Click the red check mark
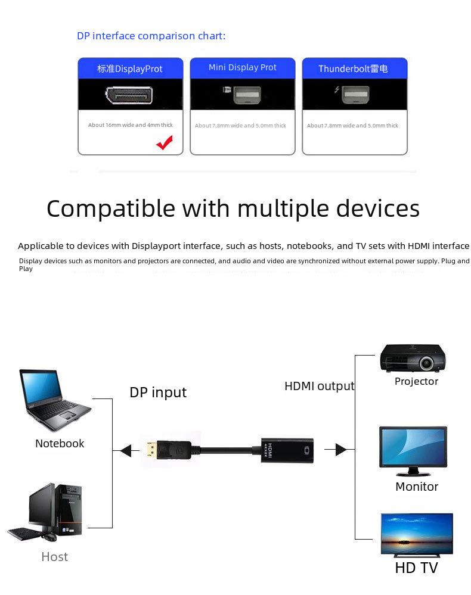[x=165, y=142]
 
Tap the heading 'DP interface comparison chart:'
[x=151, y=36]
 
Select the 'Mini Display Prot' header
[x=242, y=67]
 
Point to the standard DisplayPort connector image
[x=129, y=95]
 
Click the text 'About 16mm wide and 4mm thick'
[x=131, y=125]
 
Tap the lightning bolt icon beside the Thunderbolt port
[x=336, y=89]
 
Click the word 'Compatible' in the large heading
[x=111, y=208]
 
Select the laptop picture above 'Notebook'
[x=55, y=400]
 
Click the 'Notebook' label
[x=60, y=443]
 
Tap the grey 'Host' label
[x=55, y=557]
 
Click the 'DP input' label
[x=158, y=392]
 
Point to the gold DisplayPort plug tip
[x=151, y=450]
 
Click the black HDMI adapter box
[x=287, y=450]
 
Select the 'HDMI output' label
[x=320, y=386]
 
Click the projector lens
[x=426, y=363]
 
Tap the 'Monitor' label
[x=417, y=487]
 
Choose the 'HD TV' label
[x=416, y=568]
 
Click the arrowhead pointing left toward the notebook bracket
[x=126, y=450]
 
